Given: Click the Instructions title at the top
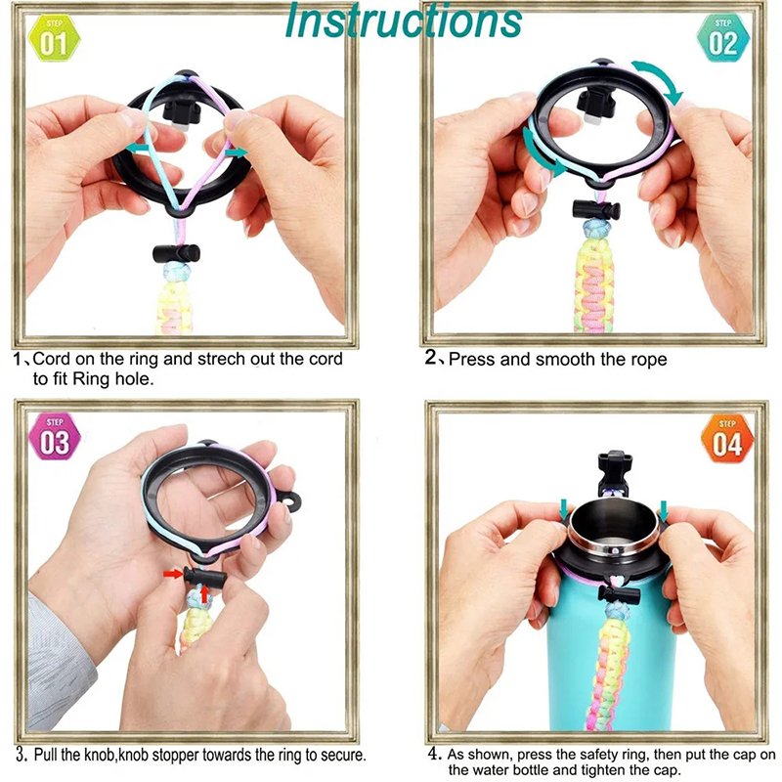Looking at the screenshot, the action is click(404, 21).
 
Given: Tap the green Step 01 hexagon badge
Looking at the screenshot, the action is click(54, 38).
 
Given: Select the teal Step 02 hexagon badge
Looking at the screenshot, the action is click(722, 37).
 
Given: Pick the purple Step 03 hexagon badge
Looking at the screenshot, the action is click(55, 437).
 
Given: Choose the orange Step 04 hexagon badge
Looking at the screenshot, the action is click(727, 438).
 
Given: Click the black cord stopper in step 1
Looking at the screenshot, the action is click(177, 253).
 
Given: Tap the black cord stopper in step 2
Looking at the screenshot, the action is click(596, 210).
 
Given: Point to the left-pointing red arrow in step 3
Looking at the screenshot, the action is click(173, 575).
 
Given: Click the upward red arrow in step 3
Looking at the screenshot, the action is click(203, 594).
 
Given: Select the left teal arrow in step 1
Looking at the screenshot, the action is click(137, 148).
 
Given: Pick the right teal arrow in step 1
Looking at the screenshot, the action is click(236, 152).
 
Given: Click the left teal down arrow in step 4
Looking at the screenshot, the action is click(564, 509).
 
